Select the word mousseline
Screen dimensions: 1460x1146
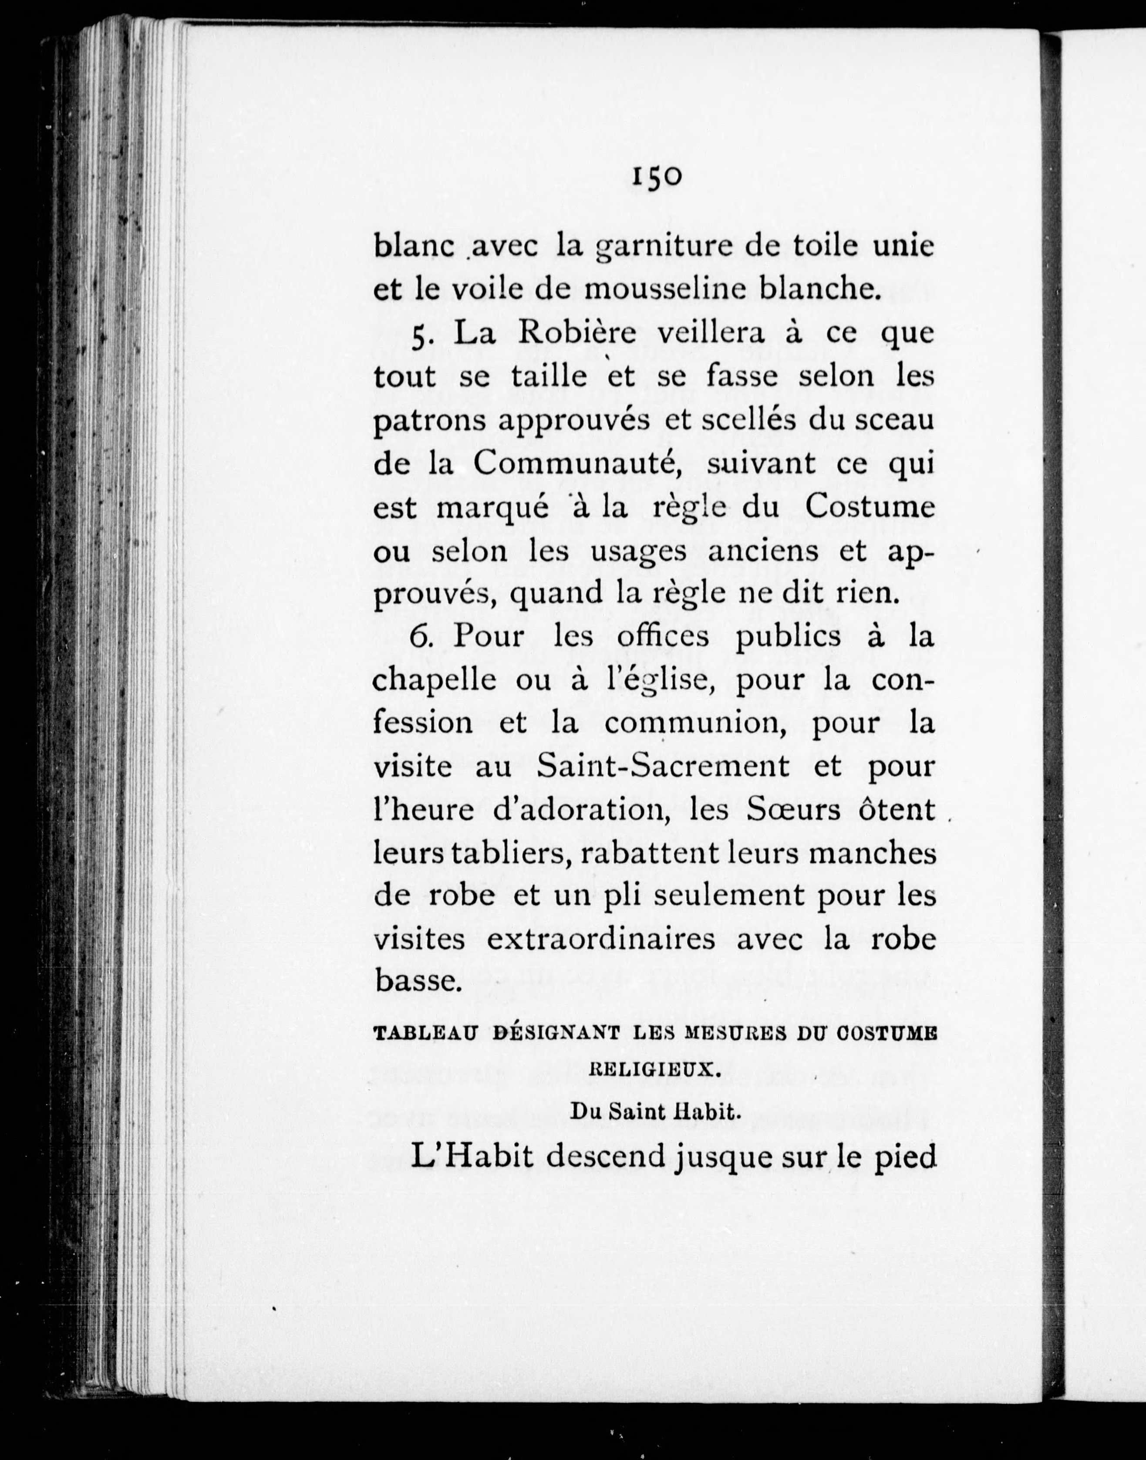(666, 289)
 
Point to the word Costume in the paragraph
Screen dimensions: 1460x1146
(870, 507)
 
